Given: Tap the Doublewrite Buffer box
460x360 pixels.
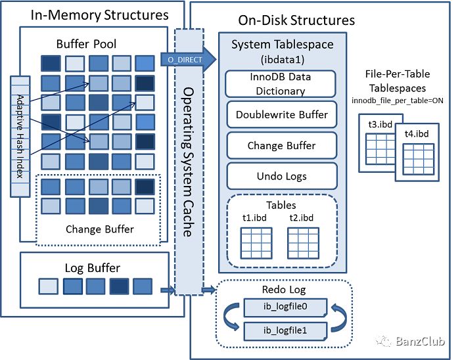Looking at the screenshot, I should coord(281,115).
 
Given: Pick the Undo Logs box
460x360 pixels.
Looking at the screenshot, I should coord(281,176).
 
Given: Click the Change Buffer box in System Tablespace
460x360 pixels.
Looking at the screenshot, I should coord(281,145).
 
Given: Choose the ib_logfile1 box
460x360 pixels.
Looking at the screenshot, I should coord(285,329).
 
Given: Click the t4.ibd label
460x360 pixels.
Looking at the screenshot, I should coord(415,135).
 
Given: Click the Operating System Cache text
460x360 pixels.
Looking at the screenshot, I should coord(188,161).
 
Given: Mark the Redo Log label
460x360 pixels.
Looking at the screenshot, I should coord(284,290).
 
